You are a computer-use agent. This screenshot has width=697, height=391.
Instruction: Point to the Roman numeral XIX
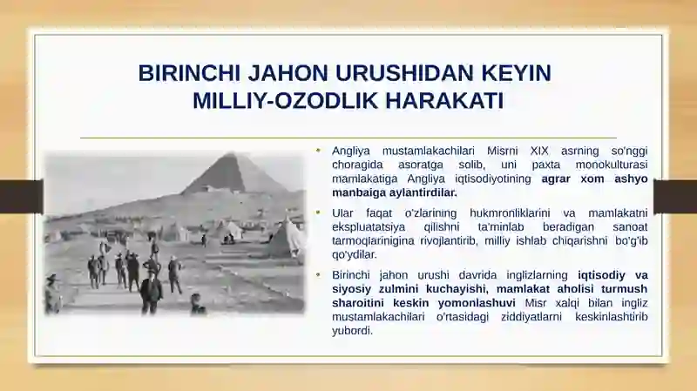coord(539,151)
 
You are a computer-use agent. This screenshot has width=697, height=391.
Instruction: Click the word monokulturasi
coord(612,165)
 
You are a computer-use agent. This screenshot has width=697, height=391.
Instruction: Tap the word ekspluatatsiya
coord(369,227)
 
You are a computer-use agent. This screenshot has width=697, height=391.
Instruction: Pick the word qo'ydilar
coord(355,255)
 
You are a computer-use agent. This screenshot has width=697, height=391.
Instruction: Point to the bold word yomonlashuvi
coord(477,303)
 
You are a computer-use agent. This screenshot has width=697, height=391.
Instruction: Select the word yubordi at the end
coord(352,331)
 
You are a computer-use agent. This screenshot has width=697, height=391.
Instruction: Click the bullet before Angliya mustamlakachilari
coord(318,151)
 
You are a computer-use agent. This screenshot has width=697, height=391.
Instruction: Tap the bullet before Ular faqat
coord(318,212)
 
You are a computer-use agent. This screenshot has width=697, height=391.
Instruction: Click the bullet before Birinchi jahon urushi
coord(318,275)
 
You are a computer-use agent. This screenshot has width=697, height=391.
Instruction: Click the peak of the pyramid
coord(232,153)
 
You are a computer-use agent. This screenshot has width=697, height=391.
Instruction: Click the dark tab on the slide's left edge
coord(21,197)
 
